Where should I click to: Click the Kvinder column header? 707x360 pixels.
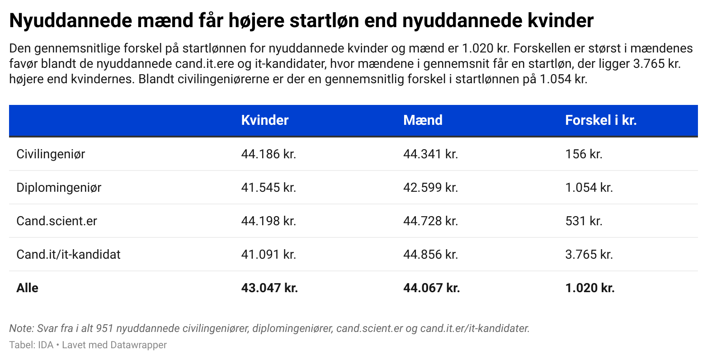point(264,120)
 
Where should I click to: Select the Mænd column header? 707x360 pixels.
point(423,120)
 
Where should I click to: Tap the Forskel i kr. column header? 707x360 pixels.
point(600,120)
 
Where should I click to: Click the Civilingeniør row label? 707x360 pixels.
point(51,154)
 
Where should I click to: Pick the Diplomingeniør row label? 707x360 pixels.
point(59,188)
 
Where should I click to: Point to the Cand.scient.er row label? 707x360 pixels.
point(57,221)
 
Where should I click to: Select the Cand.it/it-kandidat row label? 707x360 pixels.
point(68,255)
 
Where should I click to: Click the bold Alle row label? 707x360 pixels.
point(27,288)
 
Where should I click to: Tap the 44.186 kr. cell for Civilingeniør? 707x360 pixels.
point(269,154)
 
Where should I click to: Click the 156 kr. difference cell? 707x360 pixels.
point(584,154)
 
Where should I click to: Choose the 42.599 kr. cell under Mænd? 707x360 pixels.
point(430,188)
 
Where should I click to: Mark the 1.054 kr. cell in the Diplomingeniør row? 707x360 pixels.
point(589,188)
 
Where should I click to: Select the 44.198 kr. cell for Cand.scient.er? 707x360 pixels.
point(269,221)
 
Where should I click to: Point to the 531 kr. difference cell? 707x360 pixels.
point(584,221)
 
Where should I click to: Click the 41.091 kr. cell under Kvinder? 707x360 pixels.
point(269,255)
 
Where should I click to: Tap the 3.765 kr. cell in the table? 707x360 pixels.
point(589,255)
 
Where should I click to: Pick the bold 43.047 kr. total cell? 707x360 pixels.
point(269,288)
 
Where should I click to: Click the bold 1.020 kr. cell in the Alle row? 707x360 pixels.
point(590,288)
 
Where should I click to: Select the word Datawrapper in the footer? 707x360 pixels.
point(138,345)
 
